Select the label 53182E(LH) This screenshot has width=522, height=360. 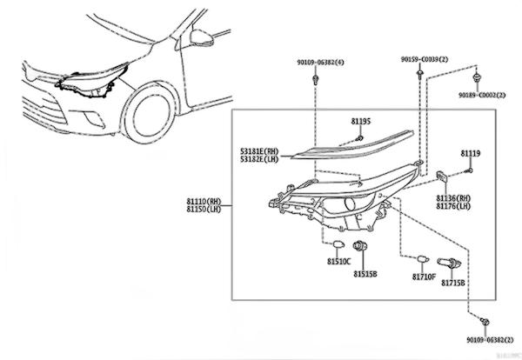261,160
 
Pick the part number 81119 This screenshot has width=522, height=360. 471,153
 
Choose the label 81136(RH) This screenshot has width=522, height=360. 453,197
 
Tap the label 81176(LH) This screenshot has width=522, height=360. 453,206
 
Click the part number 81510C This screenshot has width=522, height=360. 339,261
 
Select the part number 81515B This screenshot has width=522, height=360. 365,274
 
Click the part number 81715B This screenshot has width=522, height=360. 452,283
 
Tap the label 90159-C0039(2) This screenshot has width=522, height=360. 425,59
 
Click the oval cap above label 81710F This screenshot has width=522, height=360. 421,259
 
